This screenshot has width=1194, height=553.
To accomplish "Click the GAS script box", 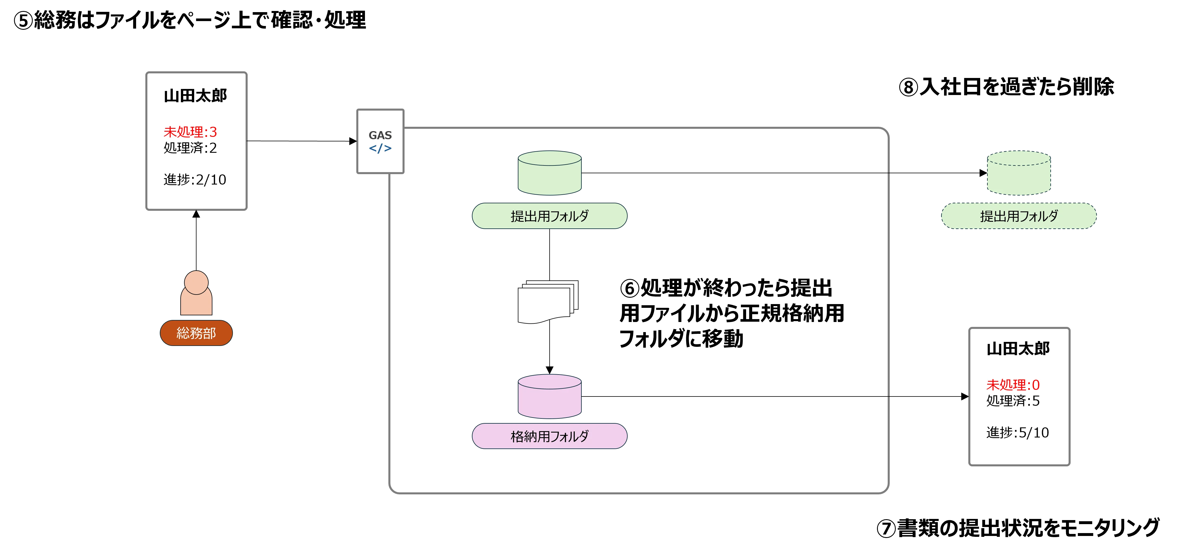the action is pyautogui.click(x=380, y=141).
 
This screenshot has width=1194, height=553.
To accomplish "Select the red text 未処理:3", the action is pyautogui.click(x=190, y=132).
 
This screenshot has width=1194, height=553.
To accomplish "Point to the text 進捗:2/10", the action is pyautogui.click(x=195, y=180).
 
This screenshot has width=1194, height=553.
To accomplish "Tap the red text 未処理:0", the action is pyautogui.click(x=1013, y=385).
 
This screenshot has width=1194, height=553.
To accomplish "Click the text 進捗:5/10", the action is pyautogui.click(x=1017, y=433).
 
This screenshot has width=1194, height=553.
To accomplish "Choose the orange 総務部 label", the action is pyautogui.click(x=196, y=333).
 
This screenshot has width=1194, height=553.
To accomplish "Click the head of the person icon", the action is pyautogui.click(x=196, y=282).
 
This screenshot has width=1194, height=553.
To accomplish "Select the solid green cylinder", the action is pyautogui.click(x=549, y=173).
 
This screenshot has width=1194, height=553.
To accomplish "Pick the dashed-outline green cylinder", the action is pyautogui.click(x=1019, y=173).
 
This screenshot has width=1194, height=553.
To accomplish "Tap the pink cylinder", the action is pyautogui.click(x=549, y=396).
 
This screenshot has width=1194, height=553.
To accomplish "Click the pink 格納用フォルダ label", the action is pyautogui.click(x=549, y=436).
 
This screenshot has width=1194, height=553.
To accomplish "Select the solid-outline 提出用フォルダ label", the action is pyautogui.click(x=549, y=216).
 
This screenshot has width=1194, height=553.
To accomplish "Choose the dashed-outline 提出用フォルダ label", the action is pyautogui.click(x=1019, y=216).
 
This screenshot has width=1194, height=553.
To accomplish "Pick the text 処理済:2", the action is pyautogui.click(x=190, y=148).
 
